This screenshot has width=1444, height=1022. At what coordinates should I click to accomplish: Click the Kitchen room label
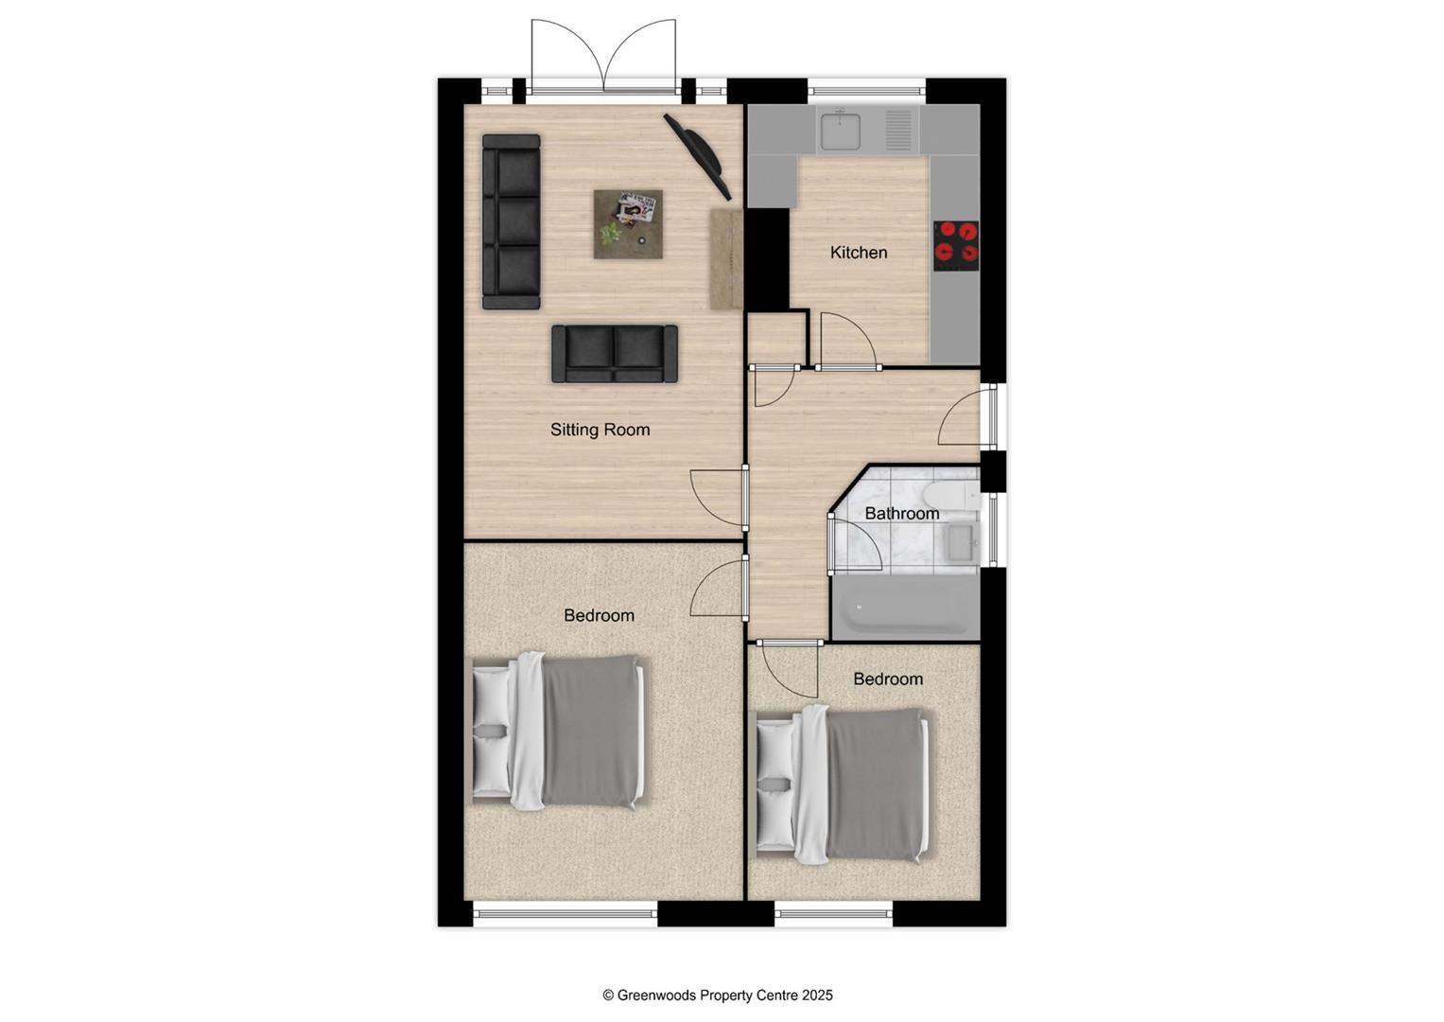tap(858, 253)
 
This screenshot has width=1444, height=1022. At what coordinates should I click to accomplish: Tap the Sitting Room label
tap(600, 430)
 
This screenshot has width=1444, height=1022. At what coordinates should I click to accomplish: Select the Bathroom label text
tap(901, 514)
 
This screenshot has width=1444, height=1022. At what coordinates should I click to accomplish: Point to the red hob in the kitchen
tap(956, 241)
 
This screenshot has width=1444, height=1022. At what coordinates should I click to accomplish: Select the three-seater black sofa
tap(511, 222)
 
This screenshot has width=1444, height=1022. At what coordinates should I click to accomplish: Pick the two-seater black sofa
tap(615, 354)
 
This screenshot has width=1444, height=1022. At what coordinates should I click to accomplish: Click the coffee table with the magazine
tap(628, 223)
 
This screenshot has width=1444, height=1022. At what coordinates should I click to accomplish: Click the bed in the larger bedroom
tap(560, 731)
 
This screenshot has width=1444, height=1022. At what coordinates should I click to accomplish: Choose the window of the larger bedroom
tap(565, 913)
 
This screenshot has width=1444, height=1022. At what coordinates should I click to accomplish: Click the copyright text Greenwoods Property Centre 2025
tap(718, 996)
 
